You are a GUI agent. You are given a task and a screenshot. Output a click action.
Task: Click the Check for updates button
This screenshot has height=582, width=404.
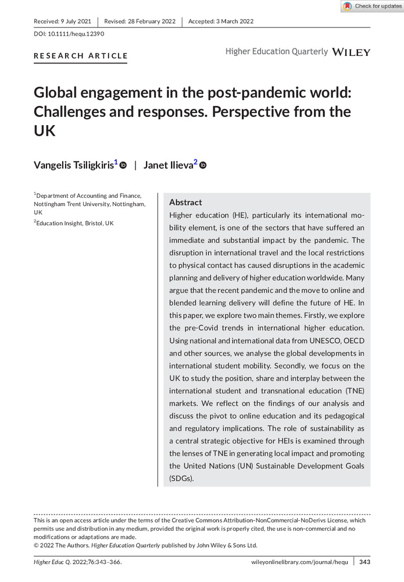coord(372,6)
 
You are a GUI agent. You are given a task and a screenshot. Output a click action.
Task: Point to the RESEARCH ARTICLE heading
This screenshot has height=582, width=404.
coord(81,56)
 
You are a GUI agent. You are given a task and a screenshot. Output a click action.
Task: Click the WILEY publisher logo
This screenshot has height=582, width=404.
coord(351,52)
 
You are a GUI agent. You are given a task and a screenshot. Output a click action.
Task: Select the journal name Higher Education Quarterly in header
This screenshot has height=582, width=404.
coord(277,52)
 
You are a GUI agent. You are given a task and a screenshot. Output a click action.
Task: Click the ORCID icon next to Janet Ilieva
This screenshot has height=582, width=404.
coord(203,165)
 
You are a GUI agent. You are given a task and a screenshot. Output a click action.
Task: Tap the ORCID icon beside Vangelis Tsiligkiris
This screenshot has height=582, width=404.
coord(123,165)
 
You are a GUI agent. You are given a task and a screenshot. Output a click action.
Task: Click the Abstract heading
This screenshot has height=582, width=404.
coord(185,203)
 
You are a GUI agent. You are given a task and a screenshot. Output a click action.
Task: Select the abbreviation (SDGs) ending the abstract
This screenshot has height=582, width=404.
coord(181,478)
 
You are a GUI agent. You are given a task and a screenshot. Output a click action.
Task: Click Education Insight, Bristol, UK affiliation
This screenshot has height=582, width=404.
coord(73,223)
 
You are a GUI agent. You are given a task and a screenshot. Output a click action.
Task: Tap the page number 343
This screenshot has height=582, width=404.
coord(364,562)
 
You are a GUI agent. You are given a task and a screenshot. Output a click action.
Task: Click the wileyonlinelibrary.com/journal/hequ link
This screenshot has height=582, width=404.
coord(299,562)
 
